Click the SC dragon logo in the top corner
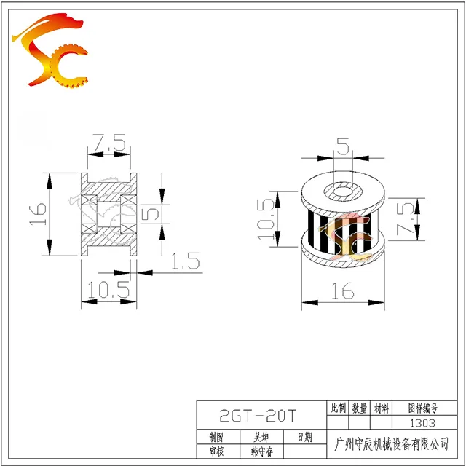[50, 50]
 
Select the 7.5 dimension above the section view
[108, 143]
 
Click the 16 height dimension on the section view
[39, 213]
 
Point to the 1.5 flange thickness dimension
[186, 261]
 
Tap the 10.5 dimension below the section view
[108, 290]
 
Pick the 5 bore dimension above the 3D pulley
[343, 146]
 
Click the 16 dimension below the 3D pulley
[343, 291]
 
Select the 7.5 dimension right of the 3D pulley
[405, 218]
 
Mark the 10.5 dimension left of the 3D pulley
[265, 219]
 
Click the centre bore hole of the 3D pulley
[343, 191]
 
